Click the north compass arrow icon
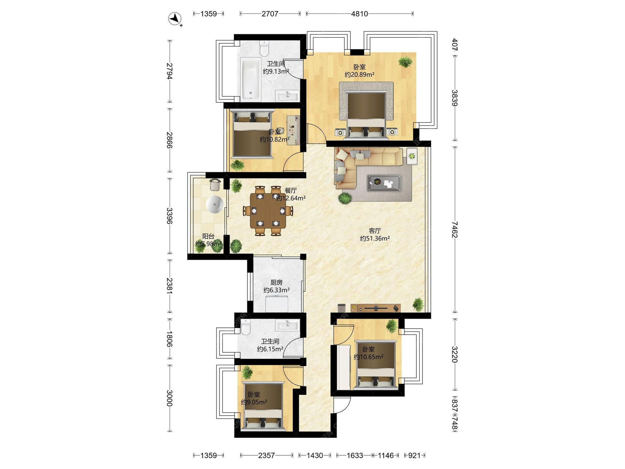pyautogui.click(x=175, y=18)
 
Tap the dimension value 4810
pyautogui.click(x=359, y=14)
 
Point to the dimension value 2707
pyautogui.click(x=270, y=14)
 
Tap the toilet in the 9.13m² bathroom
pyautogui.click(x=264, y=48)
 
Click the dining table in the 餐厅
pyautogui.click(x=268, y=211)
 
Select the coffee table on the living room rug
pyautogui.click(x=384, y=183)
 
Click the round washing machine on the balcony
pyautogui.click(x=214, y=205)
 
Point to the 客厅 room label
pyautogui.click(x=375, y=231)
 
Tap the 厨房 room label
pyautogui.click(x=276, y=282)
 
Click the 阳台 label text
pyautogui.click(x=208, y=236)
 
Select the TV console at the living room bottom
pyautogui.click(x=376, y=308)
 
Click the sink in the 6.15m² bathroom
pyautogui.click(x=287, y=325)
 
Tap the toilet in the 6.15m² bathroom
pyautogui.click(x=245, y=327)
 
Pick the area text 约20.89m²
pyautogui.click(x=359, y=75)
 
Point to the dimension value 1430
pyautogui.click(x=315, y=455)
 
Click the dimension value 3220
pyautogui.click(x=455, y=354)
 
